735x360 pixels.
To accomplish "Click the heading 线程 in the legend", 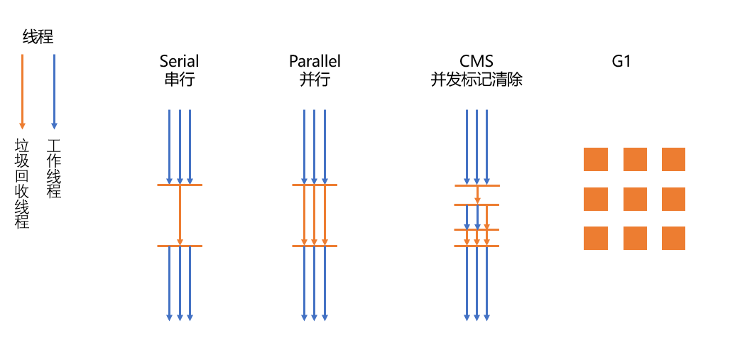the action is [38, 37].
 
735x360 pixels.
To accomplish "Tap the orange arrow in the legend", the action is [21, 92].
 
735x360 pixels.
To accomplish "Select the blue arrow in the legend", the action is [54, 92].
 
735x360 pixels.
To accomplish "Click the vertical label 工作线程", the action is [54, 169].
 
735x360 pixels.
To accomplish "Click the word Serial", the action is [180, 61].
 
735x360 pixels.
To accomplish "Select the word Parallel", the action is [315, 61].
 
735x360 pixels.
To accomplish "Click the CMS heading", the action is [477, 61].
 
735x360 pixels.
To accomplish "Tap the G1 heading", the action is [621, 61].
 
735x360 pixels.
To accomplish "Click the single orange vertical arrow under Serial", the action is [180, 215].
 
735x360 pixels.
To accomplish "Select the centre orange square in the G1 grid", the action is [635, 200].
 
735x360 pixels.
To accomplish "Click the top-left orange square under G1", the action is [596, 159].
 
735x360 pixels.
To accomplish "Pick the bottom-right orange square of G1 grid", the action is [674, 238].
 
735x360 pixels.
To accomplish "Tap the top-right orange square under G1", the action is [674, 159].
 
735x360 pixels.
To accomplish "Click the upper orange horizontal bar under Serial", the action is [180, 185].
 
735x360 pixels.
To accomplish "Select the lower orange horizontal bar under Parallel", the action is [315, 246].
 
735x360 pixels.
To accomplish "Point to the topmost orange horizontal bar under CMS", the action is [477, 185].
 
